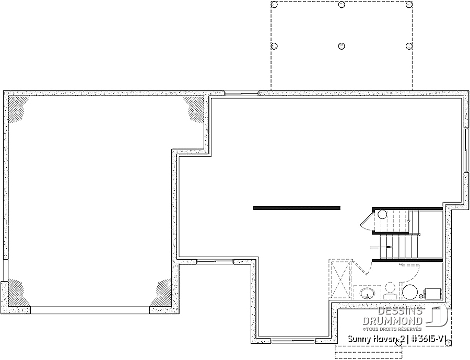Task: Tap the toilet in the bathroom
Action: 390,291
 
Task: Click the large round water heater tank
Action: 410,292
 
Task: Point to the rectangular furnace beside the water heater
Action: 433,294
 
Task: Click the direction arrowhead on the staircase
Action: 390,247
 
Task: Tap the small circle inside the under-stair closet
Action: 382,215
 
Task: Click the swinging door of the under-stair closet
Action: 366,222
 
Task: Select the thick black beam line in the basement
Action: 297,207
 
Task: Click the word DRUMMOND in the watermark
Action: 393,321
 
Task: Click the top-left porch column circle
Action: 274,5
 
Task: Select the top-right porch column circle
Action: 409,5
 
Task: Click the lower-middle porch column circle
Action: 342,46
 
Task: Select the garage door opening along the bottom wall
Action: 90,310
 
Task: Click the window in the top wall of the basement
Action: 241,94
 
